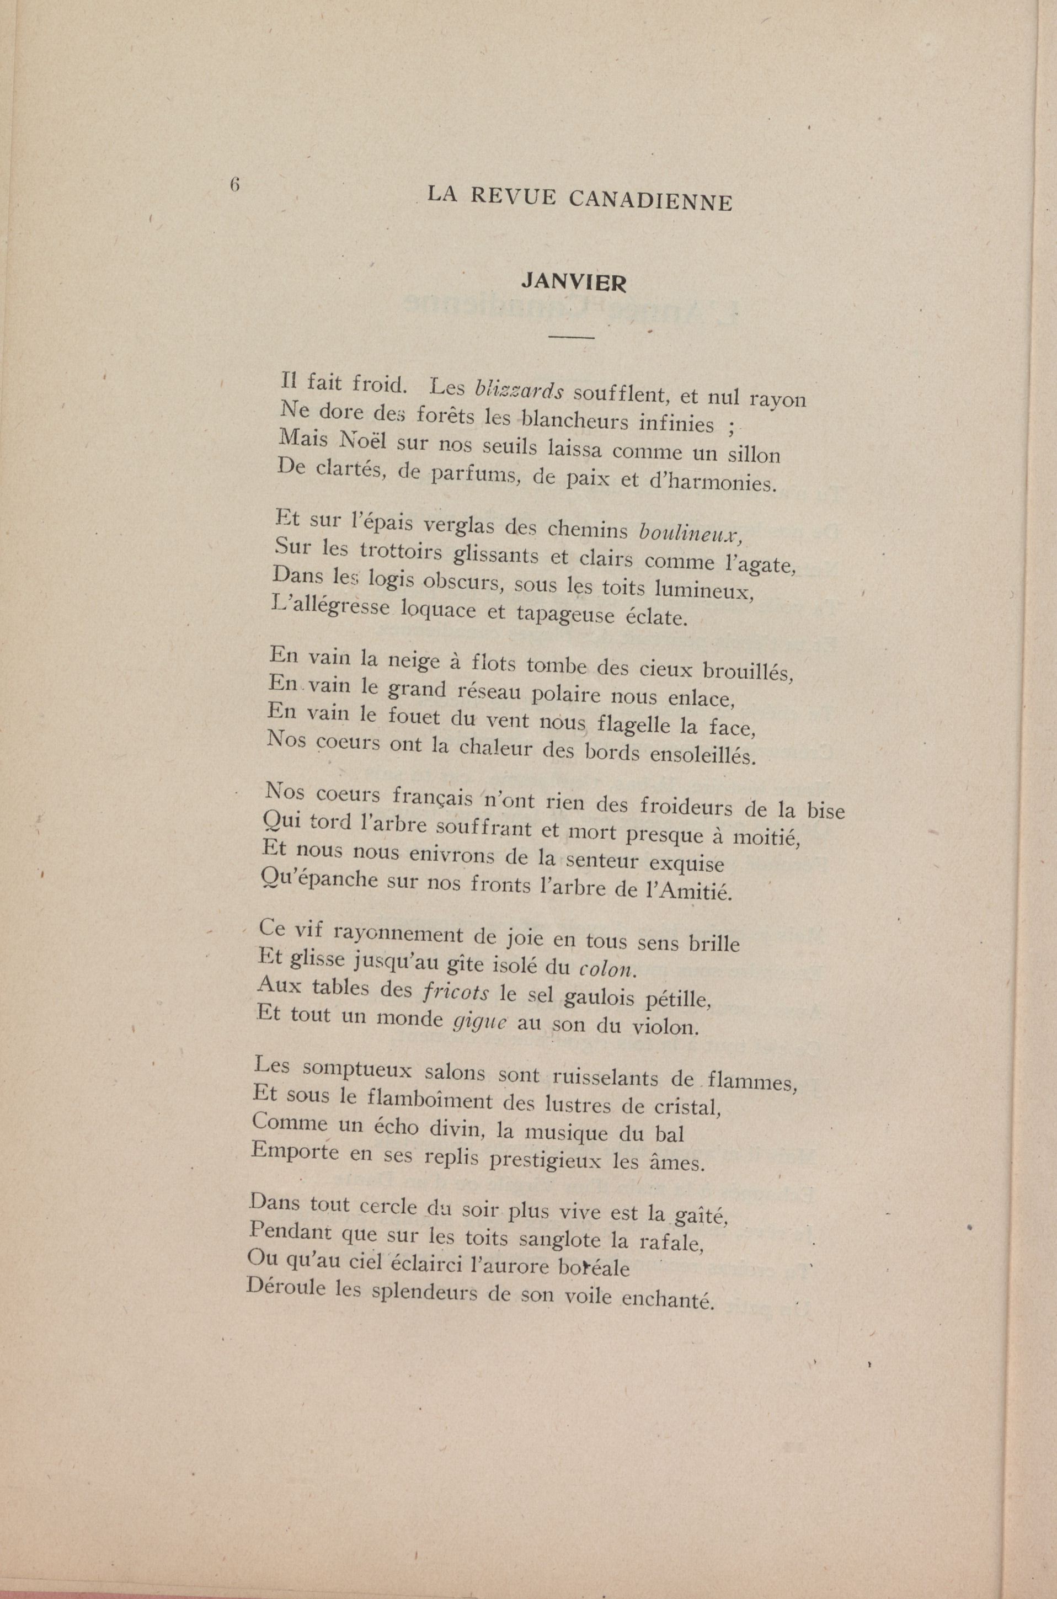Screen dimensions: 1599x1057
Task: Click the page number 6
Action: (x=235, y=184)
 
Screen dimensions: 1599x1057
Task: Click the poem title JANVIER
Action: (x=574, y=282)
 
